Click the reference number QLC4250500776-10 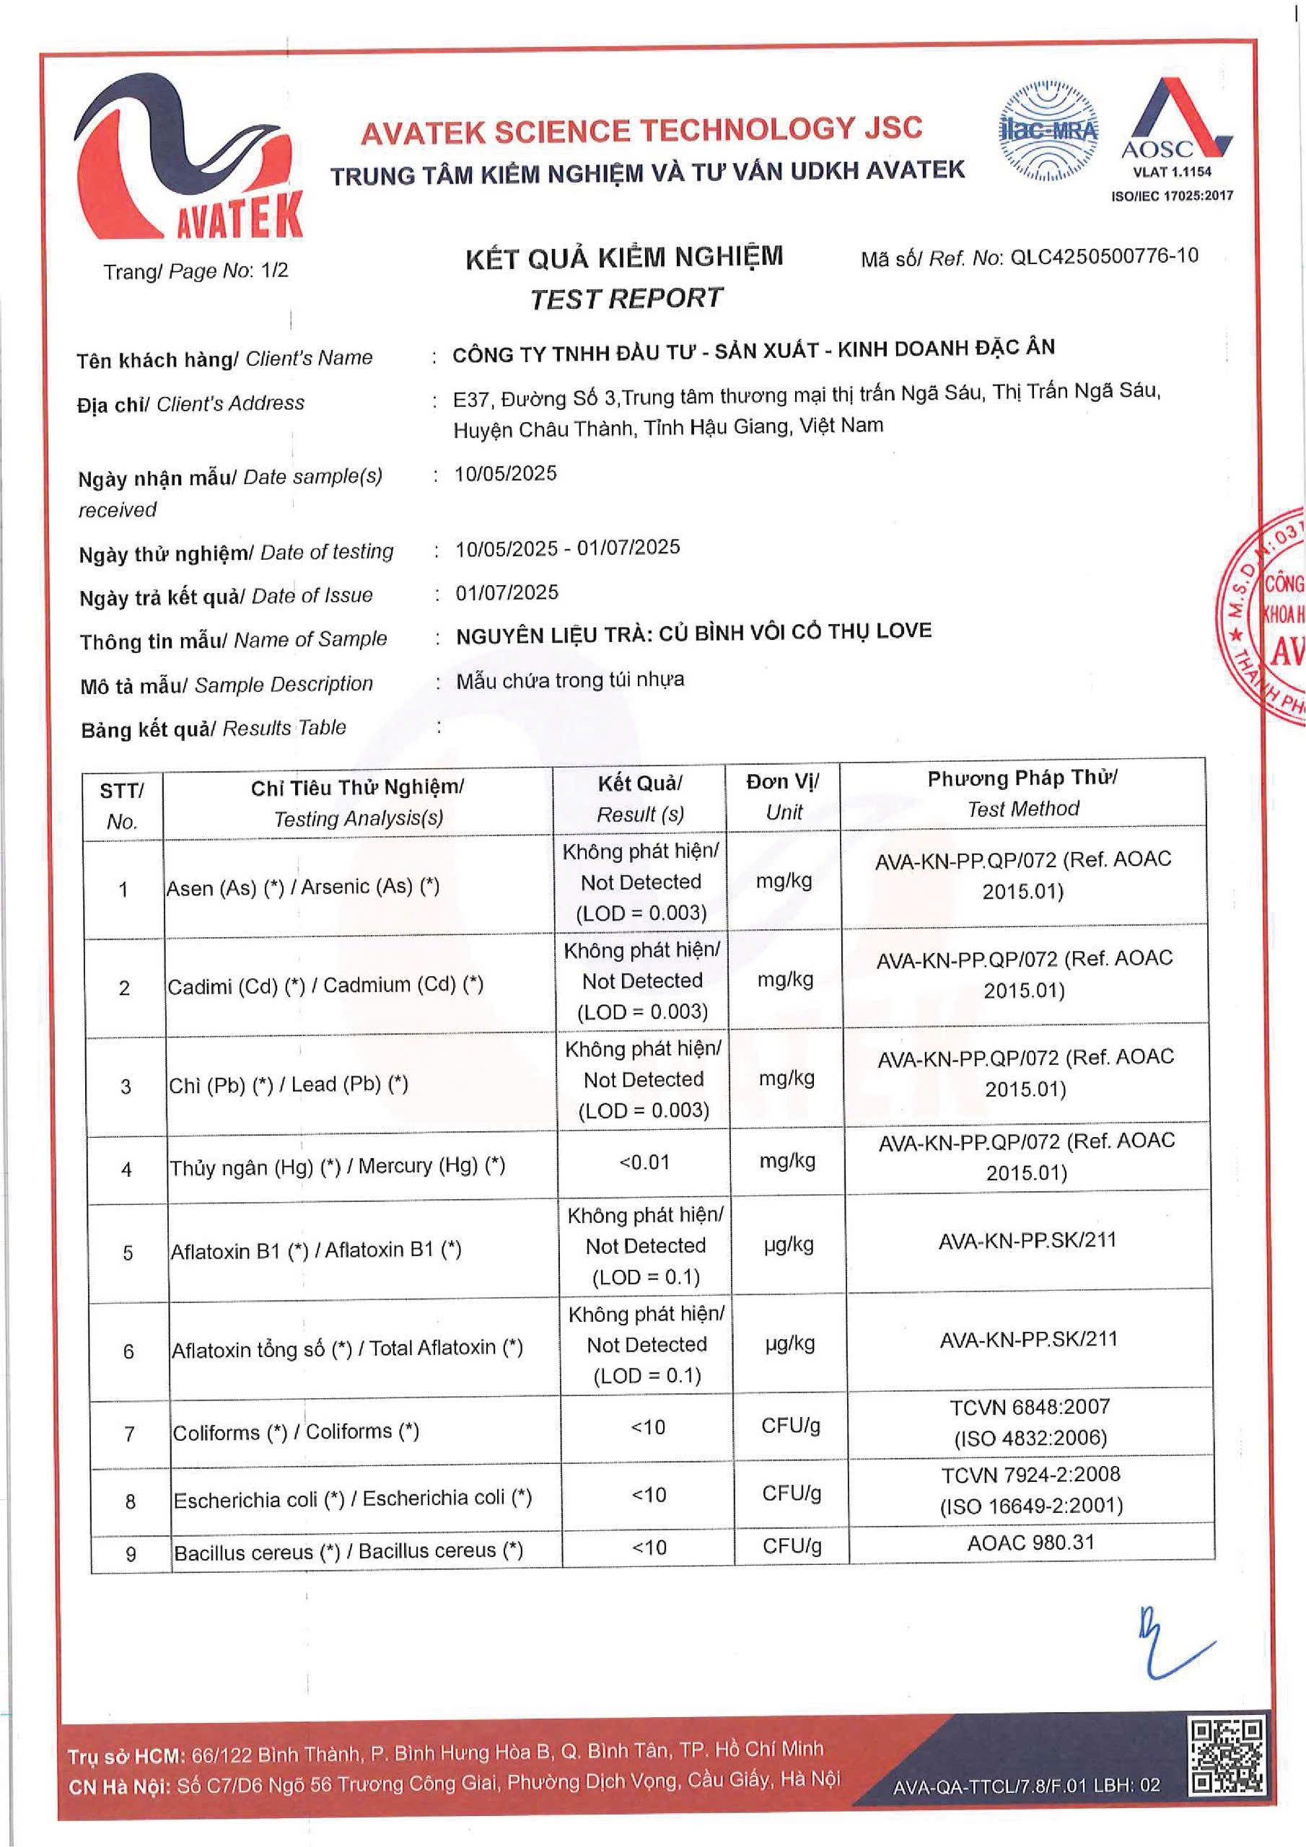1104,257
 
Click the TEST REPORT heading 626,299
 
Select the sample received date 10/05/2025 505,473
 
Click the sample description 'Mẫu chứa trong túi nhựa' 571,680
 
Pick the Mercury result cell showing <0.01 644,1162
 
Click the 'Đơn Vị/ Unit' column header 782,797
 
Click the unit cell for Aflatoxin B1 789,1245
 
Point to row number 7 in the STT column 128,1434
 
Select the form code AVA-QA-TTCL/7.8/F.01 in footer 1026,1785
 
